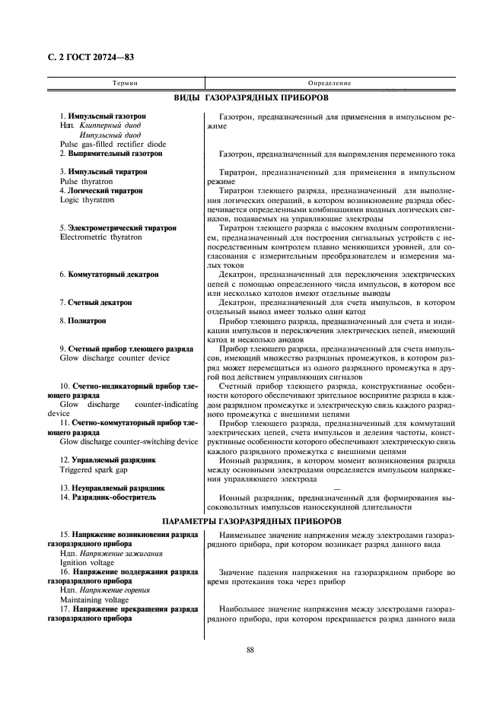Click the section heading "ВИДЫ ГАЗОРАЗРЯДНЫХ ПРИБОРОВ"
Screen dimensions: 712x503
(x=251, y=99)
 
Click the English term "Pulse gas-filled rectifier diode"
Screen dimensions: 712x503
(x=113, y=144)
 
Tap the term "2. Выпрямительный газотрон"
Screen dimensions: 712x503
(x=111, y=154)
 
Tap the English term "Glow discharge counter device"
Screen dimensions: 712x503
(x=115, y=358)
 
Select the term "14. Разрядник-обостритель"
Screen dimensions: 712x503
(x=108, y=497)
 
